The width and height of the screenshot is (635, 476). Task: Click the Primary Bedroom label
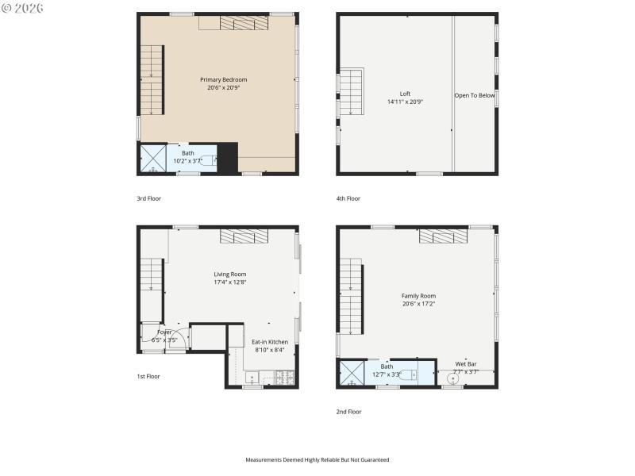point(223,79)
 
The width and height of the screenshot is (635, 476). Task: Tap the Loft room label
point(405,94)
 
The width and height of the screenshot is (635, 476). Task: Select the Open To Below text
point(475,95)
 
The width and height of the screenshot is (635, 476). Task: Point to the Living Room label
point(230,274)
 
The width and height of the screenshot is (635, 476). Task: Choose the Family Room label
point(418,295)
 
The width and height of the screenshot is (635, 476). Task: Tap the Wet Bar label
point(466,363)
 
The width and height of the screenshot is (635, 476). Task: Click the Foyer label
point(164,332)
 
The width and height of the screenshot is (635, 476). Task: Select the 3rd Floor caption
point(148,198)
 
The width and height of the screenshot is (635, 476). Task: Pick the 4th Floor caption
point(348,198)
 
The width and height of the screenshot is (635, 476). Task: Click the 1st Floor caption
point(148,376)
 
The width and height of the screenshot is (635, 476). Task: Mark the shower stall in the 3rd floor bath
point(152,158)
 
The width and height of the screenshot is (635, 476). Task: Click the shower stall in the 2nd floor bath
point(352,372)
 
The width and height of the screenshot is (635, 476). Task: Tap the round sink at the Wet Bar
point(452,378)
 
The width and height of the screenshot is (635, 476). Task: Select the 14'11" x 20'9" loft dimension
point(405,102)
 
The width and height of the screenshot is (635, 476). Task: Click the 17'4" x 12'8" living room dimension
point(230,282)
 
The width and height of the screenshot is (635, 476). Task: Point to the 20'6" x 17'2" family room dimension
point(418,303)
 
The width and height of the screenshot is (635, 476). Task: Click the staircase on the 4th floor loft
point(352,92)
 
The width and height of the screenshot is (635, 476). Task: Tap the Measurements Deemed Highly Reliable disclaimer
point(317,459)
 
